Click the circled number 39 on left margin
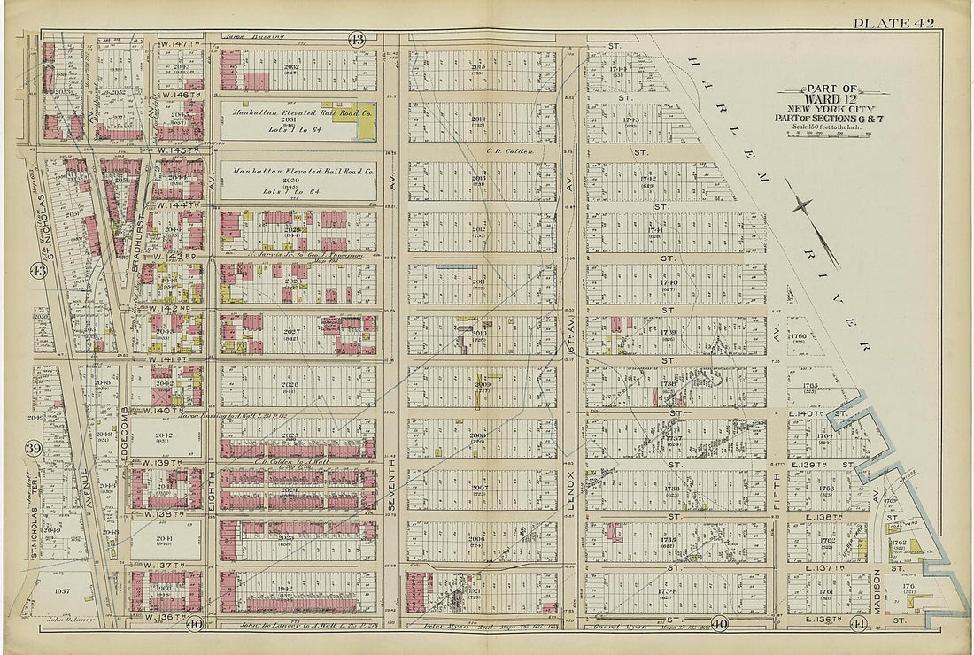click(34, 449)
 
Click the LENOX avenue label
click(571, 496)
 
